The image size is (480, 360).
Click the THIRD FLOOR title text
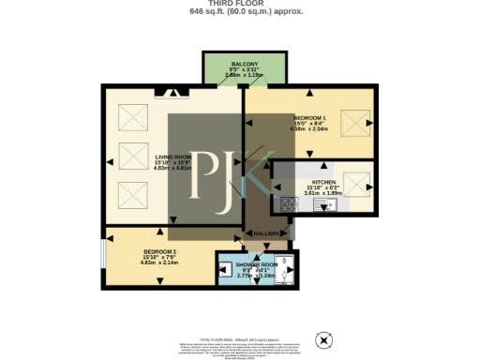click(239, 4)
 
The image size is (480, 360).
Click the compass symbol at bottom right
click(325, 338)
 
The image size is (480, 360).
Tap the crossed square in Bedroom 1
click(353, 121)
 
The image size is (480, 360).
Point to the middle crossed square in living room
click(130, 157)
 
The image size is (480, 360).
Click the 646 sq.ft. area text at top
click(239, 13)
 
